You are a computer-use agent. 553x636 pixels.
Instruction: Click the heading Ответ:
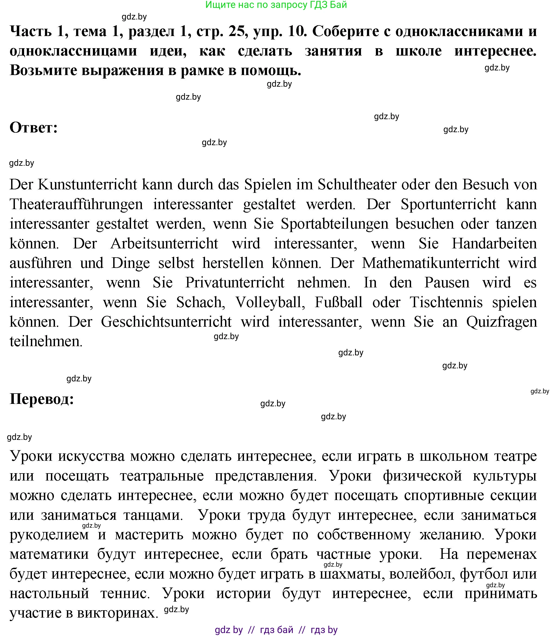[x=34, y=128]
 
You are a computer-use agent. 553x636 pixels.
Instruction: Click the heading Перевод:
[x=42, y=399]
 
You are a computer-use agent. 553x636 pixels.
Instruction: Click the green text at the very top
[x=276, y=5]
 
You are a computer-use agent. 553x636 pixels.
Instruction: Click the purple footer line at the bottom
[x=276, y=629]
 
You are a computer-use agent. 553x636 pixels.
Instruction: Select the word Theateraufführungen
[x=76, y=204]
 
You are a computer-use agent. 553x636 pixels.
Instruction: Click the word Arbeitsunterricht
[x=164, y=244]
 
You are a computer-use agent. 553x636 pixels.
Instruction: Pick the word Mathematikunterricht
[x=431, y=263]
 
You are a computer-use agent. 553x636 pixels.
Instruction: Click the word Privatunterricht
[x=235, y=283]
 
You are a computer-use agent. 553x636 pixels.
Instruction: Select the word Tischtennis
[x=446, y=302]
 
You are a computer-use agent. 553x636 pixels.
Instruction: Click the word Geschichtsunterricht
[x=166, y=322]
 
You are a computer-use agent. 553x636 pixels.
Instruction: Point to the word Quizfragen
[x=502, y=322]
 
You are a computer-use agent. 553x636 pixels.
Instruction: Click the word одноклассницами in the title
[x=73, y=51]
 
